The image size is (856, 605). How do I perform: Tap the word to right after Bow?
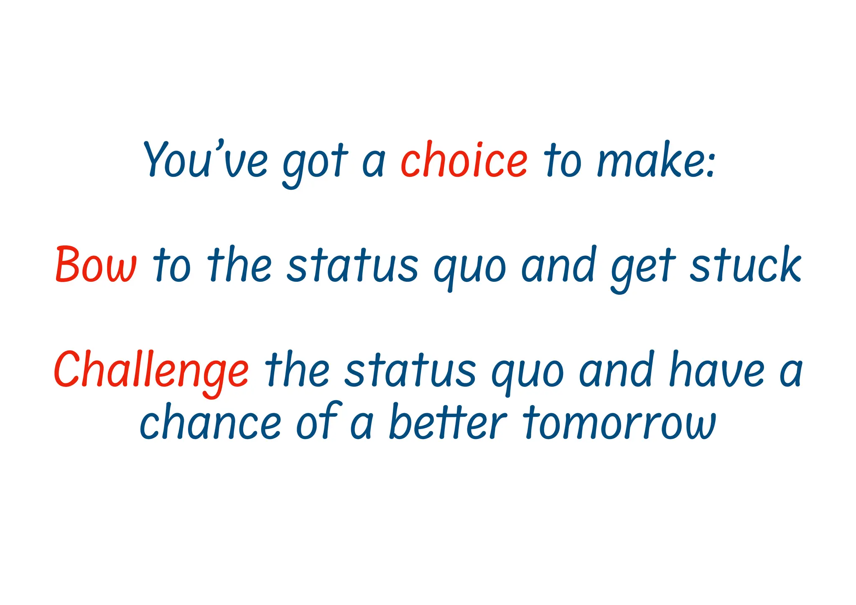tap(172, 266)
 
